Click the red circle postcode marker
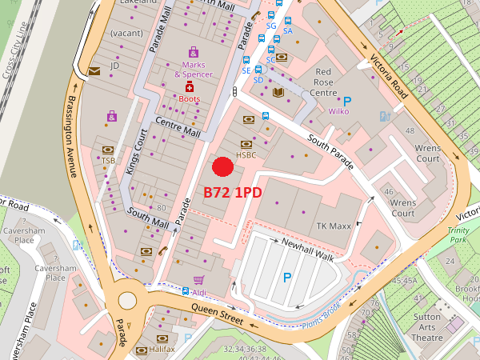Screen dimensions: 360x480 coord(222,166)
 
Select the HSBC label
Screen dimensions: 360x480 coord(246,154)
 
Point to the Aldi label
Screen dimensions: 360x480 coord(199,293)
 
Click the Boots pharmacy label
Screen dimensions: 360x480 coord(190,98)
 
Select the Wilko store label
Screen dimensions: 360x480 coord(339,112)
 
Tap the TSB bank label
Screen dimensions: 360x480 coord(108,161)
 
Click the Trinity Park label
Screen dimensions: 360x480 coord(459,234)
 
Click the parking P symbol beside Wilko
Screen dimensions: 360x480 coord(347,101)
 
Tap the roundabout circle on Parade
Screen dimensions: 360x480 coord(127,301)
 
